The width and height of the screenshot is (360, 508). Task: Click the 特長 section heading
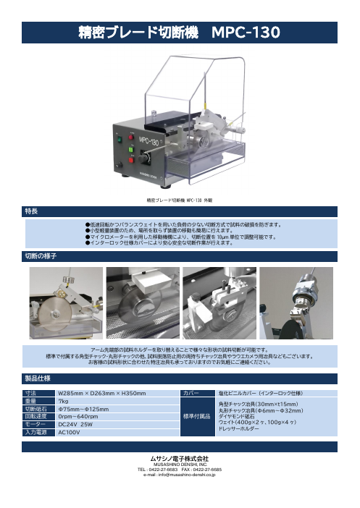coord(32,211)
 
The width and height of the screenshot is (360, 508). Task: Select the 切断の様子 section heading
coord(41,257)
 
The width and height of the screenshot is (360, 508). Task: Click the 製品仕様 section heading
coord(37,378)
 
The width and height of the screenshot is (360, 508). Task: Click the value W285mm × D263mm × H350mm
coord(101,393)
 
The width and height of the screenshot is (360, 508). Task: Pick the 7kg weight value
coord(63,401)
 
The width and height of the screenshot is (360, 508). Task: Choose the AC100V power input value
coord(68,432)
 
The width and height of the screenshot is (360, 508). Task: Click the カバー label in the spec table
coord(192,393)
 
